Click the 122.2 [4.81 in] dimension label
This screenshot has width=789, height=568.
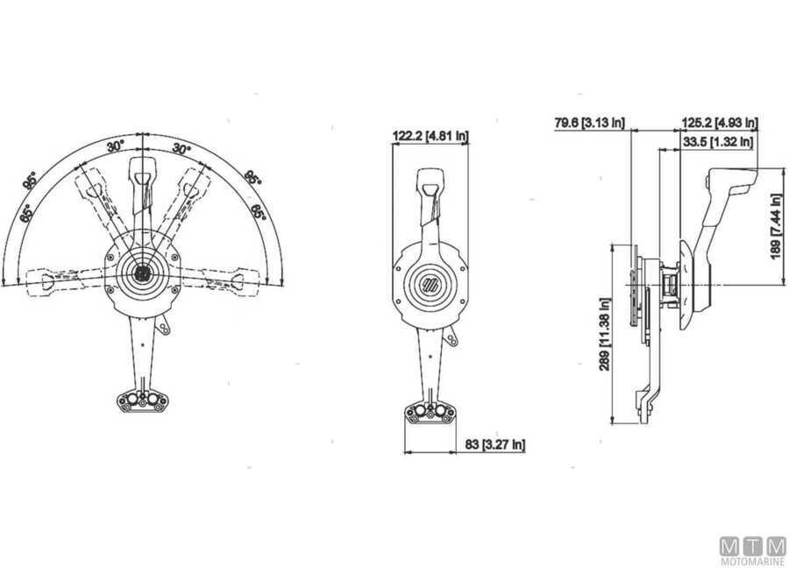pos(430,136)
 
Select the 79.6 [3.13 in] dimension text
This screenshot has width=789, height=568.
pos(589,124)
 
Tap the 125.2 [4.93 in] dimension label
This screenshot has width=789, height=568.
pos(719,124)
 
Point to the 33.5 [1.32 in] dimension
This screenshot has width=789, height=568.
pos(717,140)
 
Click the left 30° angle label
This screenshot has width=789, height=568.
pos(116,147)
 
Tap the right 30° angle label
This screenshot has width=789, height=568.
pos(181,149)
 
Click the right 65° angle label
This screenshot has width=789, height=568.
pos(259,212)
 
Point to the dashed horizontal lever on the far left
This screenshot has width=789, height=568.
pos(48,280)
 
